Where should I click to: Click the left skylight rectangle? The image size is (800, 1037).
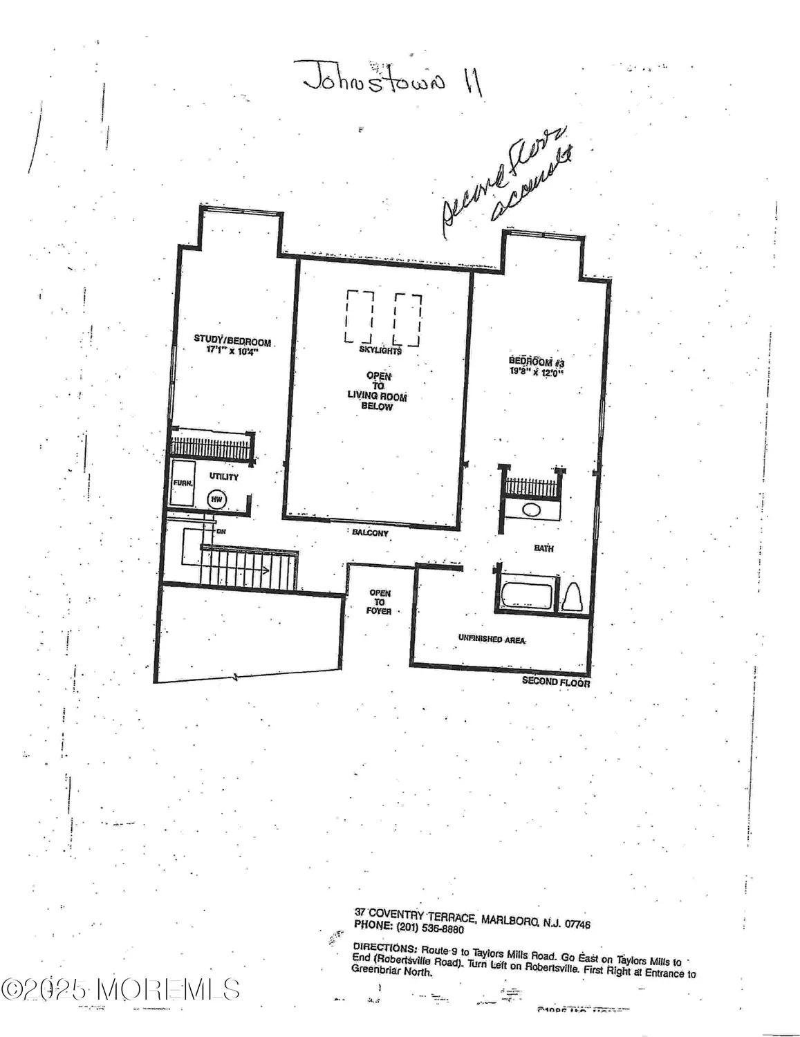point(359,317)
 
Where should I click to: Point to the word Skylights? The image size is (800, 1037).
point(380,351)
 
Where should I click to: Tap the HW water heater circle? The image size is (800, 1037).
point(216,498)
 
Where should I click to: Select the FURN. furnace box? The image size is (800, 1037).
point(183,483)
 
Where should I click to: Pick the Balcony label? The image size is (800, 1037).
point(371,533)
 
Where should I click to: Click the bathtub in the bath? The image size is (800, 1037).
point(527,595)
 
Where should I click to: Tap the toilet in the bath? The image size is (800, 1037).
point(572,595)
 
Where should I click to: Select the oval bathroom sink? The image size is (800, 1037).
point(531,510)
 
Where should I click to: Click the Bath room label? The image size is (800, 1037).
point(543,548)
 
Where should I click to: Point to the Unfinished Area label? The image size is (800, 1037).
point(492,639)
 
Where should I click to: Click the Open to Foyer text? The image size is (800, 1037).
point(380,601)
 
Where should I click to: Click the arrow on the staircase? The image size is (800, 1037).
point(263,570)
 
